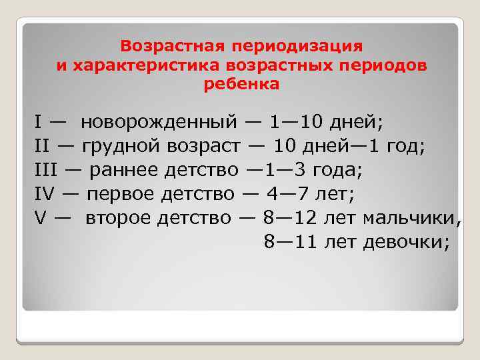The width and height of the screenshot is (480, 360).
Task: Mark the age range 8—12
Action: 289,218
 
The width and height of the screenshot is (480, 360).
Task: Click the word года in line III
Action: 339,170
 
